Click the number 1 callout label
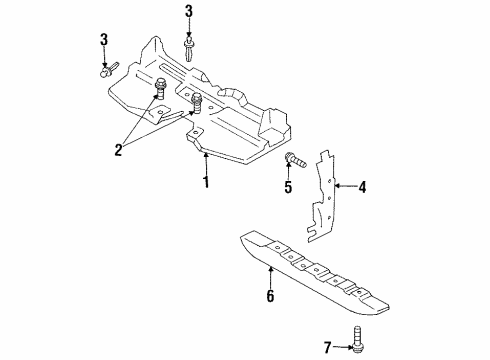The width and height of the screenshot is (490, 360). (206, 182)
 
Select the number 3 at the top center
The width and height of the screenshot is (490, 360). (189, 11)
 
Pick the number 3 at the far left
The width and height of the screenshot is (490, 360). (103, 39)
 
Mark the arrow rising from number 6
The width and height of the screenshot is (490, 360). (270, 278)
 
